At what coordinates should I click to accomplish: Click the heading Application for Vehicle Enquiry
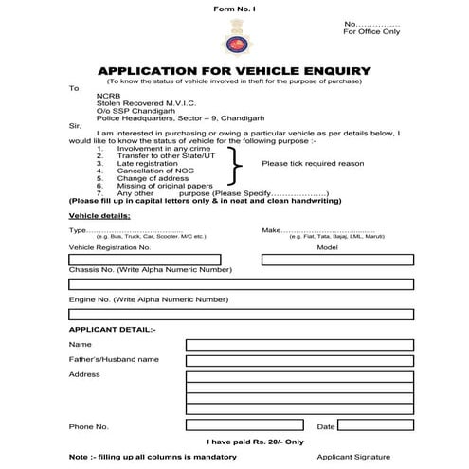(234, 71)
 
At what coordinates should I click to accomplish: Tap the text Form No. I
(233, 9)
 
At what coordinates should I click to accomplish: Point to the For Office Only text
(371, 31)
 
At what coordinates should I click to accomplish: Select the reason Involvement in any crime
(160, 149)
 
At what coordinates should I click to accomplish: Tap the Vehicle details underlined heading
(99, 216)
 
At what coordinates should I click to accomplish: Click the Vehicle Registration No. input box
(145, 259)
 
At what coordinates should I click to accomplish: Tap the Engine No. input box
(241, 314)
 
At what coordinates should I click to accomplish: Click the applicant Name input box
(298, 345)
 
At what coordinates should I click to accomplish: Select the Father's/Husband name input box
(298, 361)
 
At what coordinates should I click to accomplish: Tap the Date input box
(375, 426)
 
